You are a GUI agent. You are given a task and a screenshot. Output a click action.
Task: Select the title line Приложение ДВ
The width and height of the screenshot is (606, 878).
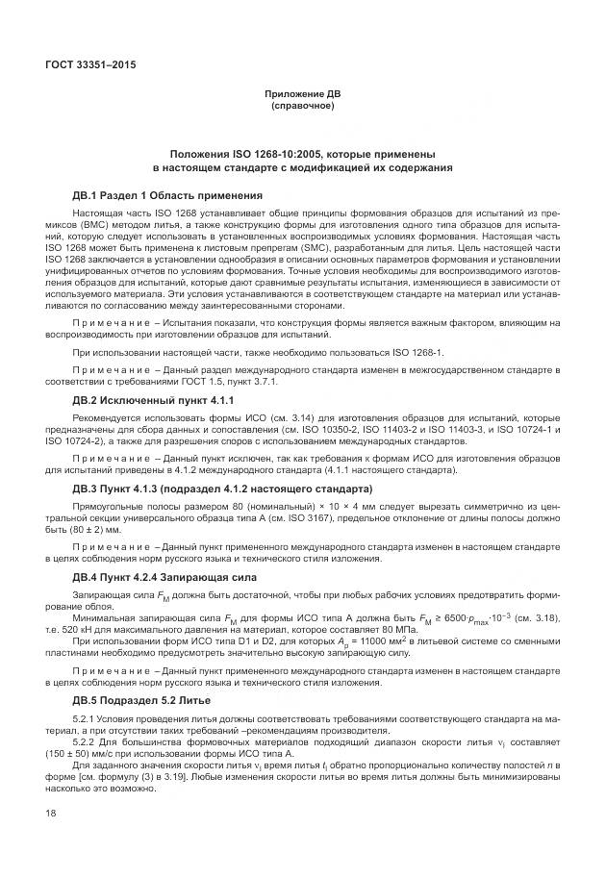coord(303,93)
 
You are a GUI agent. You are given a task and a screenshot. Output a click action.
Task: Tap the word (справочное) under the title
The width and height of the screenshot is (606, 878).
coord(303,105)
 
